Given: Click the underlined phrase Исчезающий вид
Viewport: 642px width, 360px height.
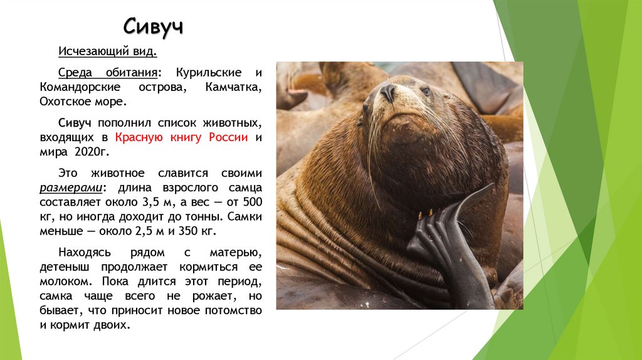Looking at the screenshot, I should (x=103, y=51).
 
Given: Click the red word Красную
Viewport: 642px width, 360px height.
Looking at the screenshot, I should (x=139, y=137).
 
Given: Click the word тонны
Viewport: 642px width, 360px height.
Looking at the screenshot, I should (x=191, y=216).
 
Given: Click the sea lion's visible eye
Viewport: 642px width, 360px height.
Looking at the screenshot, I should (x=426, y=91).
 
